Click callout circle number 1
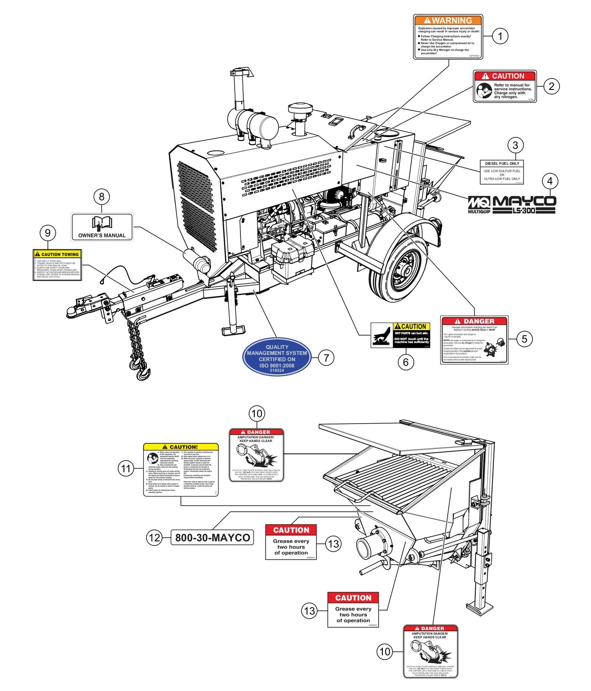point(500,36)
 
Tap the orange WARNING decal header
point(448,20)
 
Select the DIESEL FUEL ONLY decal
point(502,171)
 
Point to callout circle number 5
point(524,339)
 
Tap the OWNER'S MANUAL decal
point(102,227)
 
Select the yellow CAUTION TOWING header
point(57,254)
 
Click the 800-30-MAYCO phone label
point(212,538)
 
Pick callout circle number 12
point(154,537)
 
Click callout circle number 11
point(126,469)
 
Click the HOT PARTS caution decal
point(400,335)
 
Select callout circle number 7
point(326,358)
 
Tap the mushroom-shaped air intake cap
point(300,110)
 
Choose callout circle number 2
point(551,86)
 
